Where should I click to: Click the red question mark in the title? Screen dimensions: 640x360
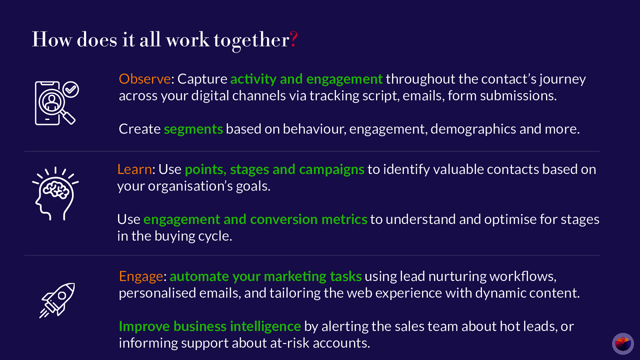click(294, 39)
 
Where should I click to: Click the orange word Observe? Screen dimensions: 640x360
click(144, 79)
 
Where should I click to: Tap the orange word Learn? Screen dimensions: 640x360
click(134, 169)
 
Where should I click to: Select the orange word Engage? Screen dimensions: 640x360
click(141, 276)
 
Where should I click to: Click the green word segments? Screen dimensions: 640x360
click(194, 129)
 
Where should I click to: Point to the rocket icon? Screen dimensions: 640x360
click(57, 300)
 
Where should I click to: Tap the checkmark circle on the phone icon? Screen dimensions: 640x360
click(70, 90)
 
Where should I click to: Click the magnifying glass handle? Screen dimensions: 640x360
click(68, 118)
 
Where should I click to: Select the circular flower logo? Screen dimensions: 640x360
click(623, 344)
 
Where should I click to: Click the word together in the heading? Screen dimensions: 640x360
click(252, 40)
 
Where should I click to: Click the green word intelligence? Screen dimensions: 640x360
click(266, 326)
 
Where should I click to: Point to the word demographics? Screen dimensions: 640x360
click(473, 129)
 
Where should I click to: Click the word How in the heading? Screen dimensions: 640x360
click(52, 40)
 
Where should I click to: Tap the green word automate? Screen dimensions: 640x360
click(200, 276)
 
